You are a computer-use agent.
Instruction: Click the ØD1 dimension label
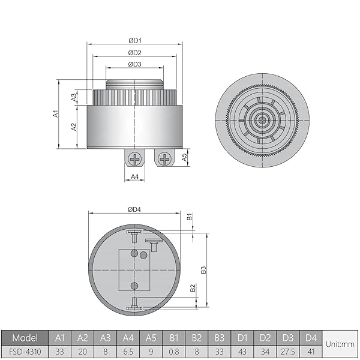click(134, 40)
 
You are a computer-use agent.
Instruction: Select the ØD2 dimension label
click(134, 53)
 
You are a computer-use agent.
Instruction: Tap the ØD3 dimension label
click(134, 64)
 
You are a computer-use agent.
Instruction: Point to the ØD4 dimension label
click(134, 209)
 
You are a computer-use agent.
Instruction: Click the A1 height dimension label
click(55, 113)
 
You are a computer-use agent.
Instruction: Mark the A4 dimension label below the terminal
click(135, 176)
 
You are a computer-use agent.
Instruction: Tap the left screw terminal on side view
click(136, 159)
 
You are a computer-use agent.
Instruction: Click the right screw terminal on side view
click(163, 159)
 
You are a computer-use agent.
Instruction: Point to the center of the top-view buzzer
click(261, 120)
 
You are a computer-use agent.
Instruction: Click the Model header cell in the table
click(25, 337)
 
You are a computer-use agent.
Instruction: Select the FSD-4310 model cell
click(25, 350)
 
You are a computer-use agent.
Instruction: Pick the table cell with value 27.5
click(287, 350)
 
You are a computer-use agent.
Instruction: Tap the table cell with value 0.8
click(173, 350)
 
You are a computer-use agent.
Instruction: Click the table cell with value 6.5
click(128, 350)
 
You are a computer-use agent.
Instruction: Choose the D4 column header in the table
click(310, 337)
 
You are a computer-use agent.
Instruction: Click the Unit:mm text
click(340, 344)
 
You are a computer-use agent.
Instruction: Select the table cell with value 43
click(242, 350)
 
